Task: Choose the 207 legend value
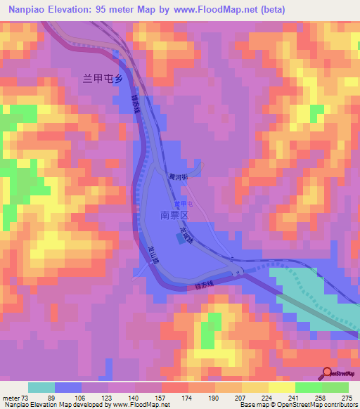(x=229, y=398)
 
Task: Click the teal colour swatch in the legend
(x=41, y=387)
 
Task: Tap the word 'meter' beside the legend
(x=9, y=398)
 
